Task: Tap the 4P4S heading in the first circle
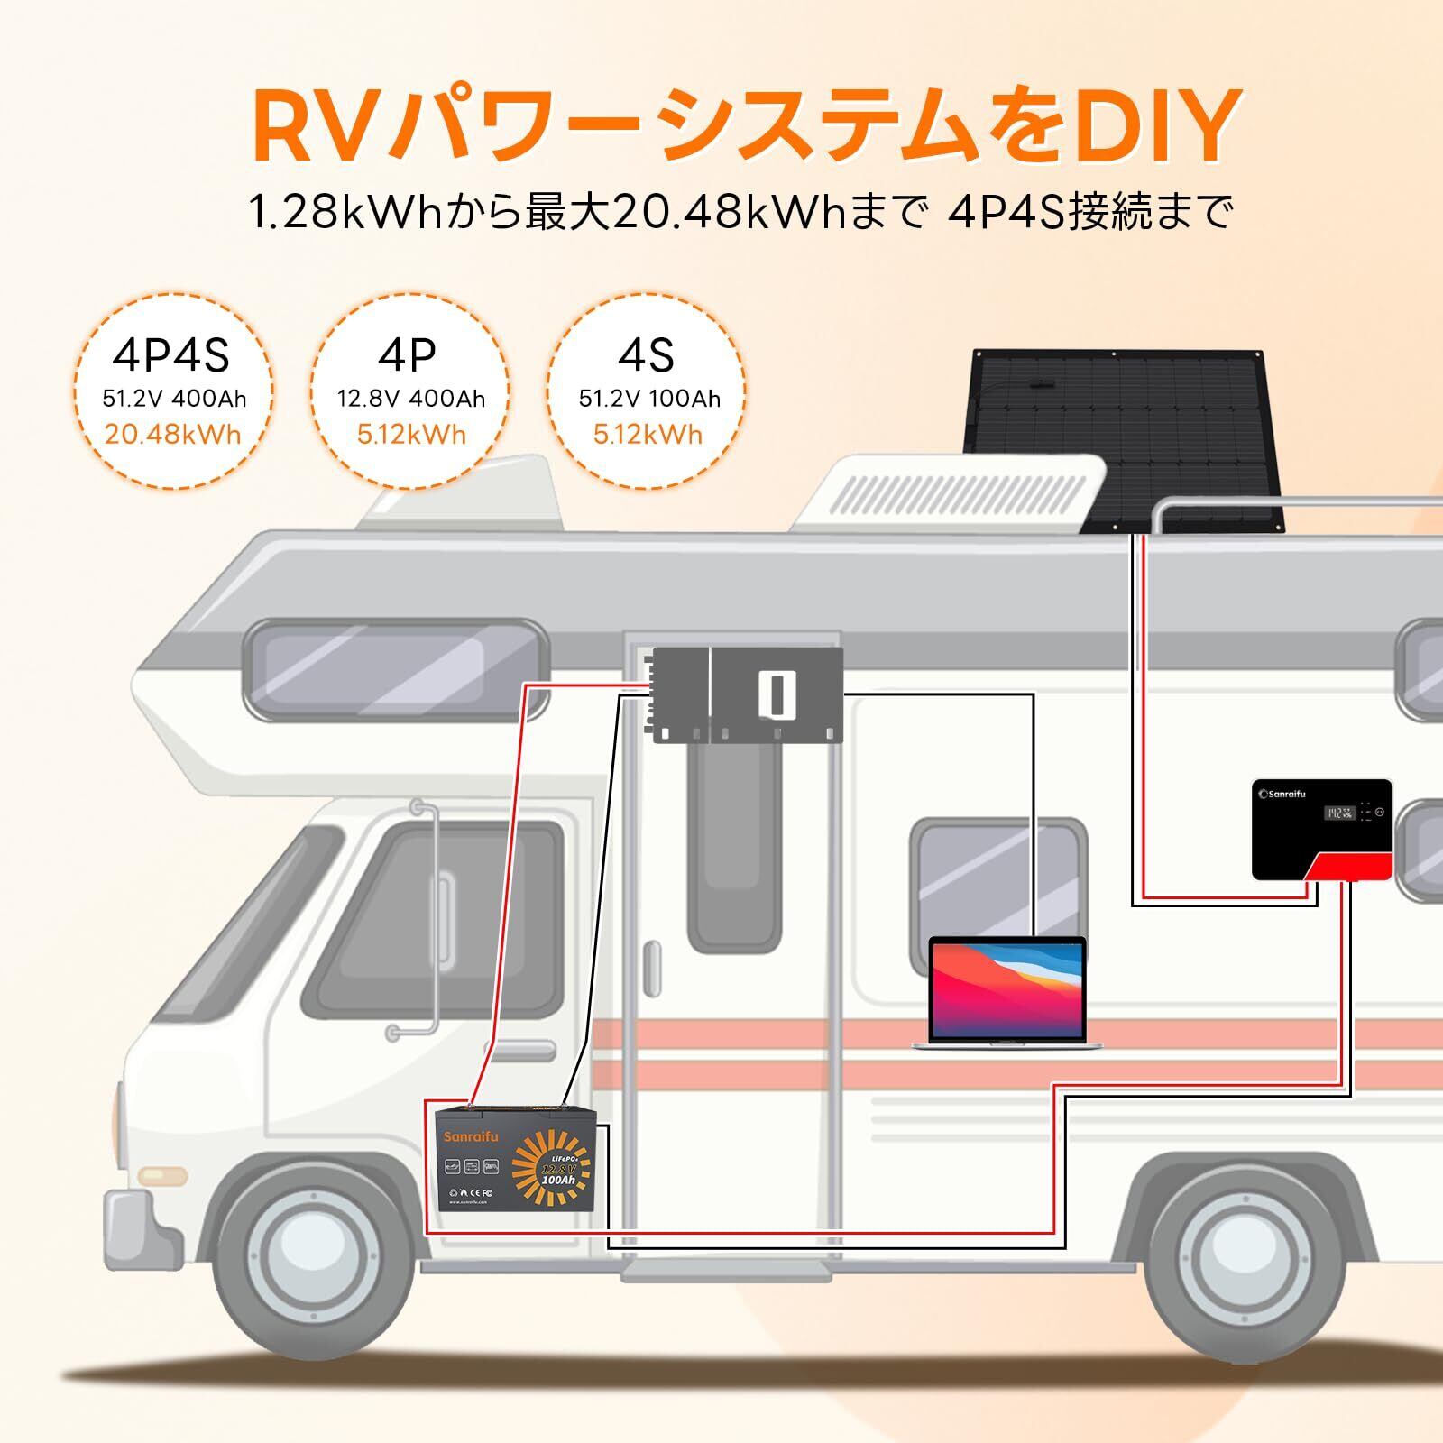click(170, 354)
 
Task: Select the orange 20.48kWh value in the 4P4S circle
click(172, 434)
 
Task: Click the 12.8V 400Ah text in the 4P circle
click(411, 398)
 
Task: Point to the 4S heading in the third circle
click(646, 354)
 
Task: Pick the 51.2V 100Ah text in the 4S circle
click(649, 398)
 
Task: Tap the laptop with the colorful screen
click(1007, 992)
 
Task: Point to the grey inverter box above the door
click(747, 694)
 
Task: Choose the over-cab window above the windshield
click(397, 667)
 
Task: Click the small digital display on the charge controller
click(1338, 813)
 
